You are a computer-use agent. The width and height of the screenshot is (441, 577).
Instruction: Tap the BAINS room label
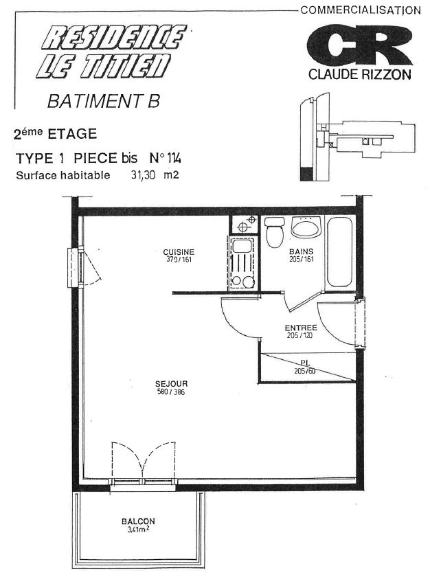(x=301, y=251)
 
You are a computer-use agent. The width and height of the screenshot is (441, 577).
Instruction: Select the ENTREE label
(x=301, y=328)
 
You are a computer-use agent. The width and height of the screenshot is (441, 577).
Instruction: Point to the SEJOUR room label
(x=171, y=384)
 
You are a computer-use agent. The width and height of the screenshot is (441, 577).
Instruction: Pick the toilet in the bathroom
(x=275, y=232)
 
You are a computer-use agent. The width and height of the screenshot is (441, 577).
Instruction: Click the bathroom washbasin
(x=306, y=227)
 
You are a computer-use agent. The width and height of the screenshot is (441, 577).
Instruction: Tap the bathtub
(x=339, y=252)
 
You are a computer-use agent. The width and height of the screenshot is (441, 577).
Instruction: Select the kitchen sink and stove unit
(x=242, y=264)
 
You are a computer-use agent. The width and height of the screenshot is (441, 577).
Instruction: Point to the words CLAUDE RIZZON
(x=359, y=75)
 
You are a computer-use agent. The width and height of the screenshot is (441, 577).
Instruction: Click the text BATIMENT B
(x=104, y=101)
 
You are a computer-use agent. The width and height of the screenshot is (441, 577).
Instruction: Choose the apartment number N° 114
(x=165, y=158)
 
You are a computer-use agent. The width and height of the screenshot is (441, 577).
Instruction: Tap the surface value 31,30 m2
(x=155, y=174)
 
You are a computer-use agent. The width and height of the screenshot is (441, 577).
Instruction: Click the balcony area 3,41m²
(x=138, y=530)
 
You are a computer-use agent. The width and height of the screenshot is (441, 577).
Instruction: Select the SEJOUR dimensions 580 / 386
(x=171, y=392)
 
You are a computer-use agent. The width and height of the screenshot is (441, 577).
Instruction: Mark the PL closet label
(x=305, y=363)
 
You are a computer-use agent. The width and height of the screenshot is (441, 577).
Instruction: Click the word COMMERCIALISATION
(x=361, y=10)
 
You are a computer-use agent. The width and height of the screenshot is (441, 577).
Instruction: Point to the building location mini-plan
(x=357, y=137)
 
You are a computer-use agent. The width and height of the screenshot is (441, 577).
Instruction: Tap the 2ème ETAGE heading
(x=55, y=133)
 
